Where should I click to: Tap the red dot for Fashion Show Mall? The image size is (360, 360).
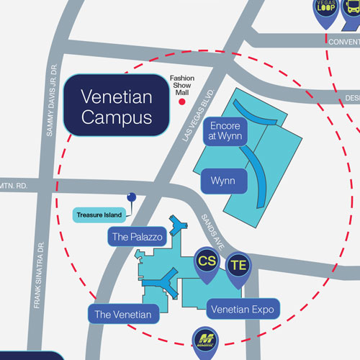click(x=181, y=103)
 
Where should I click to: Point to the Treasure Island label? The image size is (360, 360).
click(x=99, y=214)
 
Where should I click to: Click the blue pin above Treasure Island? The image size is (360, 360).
click(x=131, y=197)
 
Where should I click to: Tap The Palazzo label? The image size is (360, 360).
click(x=138, y=235)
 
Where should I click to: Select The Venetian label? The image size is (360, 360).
click(x=122, y=314)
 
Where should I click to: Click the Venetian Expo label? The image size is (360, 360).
click(x=243, y=310)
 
